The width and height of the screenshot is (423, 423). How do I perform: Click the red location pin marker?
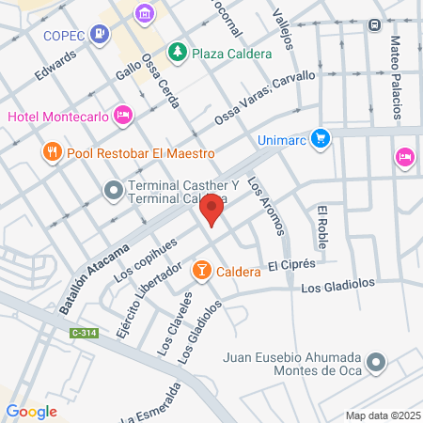[212, 211]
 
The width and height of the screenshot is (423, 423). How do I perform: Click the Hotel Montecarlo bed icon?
[122, 116]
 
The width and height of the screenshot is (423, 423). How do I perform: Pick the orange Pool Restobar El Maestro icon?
[52, 151]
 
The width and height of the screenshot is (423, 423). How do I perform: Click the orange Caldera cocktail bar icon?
[201, 272]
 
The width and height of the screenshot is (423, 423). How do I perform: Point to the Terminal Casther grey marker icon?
[113, 191]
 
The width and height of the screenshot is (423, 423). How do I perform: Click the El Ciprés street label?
[288, 267]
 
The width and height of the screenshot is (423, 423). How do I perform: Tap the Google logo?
[31, 411]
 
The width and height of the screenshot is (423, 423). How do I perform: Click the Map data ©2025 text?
[381, 415]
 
